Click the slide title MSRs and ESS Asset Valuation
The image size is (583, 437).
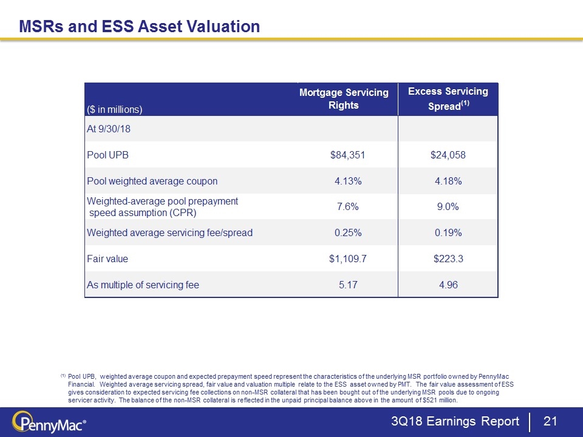[140, 26]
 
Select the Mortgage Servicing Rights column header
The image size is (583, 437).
[344, 99]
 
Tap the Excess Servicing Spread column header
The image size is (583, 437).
[448, 99]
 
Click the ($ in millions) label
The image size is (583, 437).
[115, 109]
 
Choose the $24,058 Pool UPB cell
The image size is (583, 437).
[448, 155]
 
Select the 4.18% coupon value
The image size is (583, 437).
[448, 181]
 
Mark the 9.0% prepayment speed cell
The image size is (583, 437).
[448, 207]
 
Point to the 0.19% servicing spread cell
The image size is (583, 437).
[448, 232]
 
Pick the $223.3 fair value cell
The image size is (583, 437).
[448, 259]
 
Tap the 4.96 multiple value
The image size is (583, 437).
[448, 285]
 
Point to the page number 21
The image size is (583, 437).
[550, 422]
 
